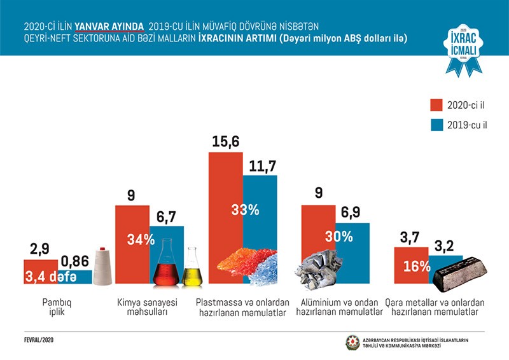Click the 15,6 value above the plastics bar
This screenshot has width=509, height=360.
pyautogui.click(x=225, y=143)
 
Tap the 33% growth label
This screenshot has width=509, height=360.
pyautogui.click(x=242, y=211)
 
